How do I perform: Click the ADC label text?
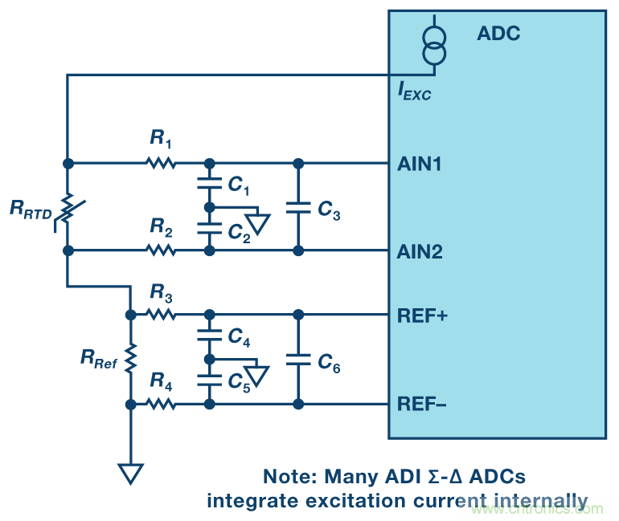tap(498, 34)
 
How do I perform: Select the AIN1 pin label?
tap(419, 164)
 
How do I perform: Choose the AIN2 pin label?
tap(419, 251)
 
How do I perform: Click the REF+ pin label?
tap(420, 315)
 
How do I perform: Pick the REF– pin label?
tap(421, 404)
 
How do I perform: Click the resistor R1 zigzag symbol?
tap(161, 163)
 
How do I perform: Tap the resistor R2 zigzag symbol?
tap(161, 250)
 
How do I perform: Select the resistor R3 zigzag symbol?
tap(161, 315)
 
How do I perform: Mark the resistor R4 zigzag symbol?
tap(161, 404)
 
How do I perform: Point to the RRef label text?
tap(99, 362)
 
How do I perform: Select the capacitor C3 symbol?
tap(298, 206)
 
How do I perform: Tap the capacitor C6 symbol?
tap(298, 360)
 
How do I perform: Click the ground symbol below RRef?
tap(130, 474)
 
